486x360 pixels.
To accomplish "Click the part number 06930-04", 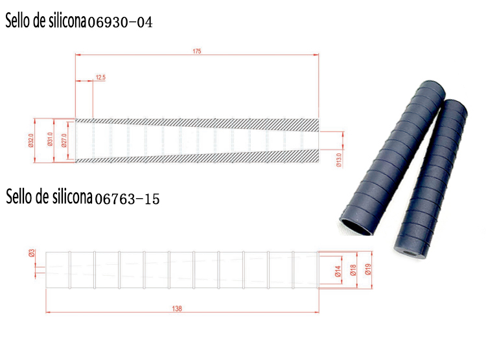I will click(120, 23).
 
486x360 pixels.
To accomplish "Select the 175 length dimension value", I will click(197, 52).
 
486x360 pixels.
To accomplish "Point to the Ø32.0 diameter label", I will click(30, 140).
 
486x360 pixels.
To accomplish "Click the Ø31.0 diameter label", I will click(50, 140).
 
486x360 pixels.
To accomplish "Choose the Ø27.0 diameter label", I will click(64, 140).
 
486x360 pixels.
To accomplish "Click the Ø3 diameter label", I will click(31, 253).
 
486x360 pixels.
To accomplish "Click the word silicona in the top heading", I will click(65, 21).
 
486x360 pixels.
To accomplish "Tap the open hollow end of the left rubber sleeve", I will click(359, 225).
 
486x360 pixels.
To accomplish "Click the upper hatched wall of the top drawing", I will click(194, 122).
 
